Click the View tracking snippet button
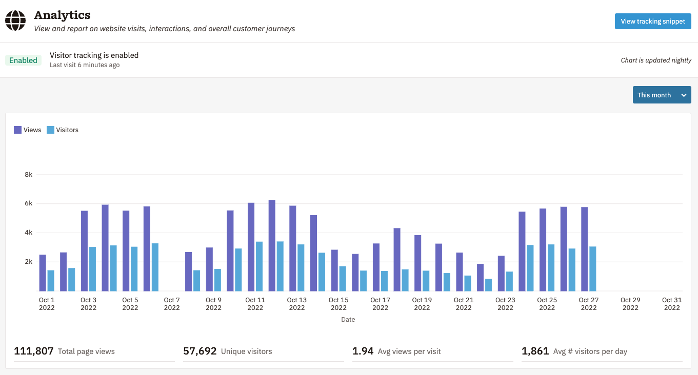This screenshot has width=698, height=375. [653, 22]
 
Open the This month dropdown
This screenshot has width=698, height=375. [662, 95]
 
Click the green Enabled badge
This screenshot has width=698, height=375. [23, 60]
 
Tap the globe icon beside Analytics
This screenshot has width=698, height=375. [15, 21]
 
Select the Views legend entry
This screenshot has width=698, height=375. [28, 130]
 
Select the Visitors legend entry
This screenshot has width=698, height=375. [63, 130]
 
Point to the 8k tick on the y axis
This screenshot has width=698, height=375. [28, 175]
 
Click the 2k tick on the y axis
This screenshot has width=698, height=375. [28, 262]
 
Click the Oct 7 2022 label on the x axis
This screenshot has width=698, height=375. [172, 304]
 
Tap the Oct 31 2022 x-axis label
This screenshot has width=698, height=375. [672, 304]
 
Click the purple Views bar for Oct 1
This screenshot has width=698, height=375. [43, 273]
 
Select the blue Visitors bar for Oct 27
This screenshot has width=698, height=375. [592, 268]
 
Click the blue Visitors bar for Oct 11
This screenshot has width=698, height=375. [259, 266]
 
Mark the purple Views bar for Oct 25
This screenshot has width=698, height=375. [543, 249]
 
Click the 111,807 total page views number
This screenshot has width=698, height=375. [34, 351]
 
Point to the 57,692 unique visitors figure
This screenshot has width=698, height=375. [200, 351]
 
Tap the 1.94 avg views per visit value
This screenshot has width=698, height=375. [363, 351]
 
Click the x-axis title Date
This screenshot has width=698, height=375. [348, 320]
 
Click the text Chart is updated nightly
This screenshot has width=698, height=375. [656, 60]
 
